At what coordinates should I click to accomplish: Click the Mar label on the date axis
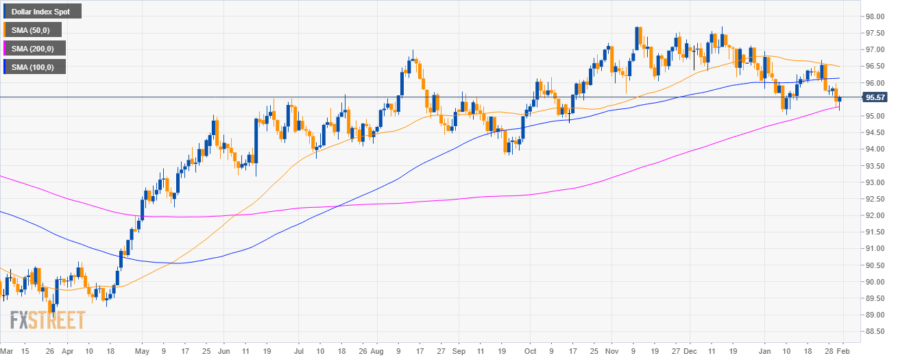6,351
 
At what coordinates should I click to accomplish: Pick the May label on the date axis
142,351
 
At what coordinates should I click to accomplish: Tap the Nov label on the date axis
613,351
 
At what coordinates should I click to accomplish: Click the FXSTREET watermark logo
48,320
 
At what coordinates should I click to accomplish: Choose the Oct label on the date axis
530,351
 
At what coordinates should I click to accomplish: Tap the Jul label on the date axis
298,351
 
